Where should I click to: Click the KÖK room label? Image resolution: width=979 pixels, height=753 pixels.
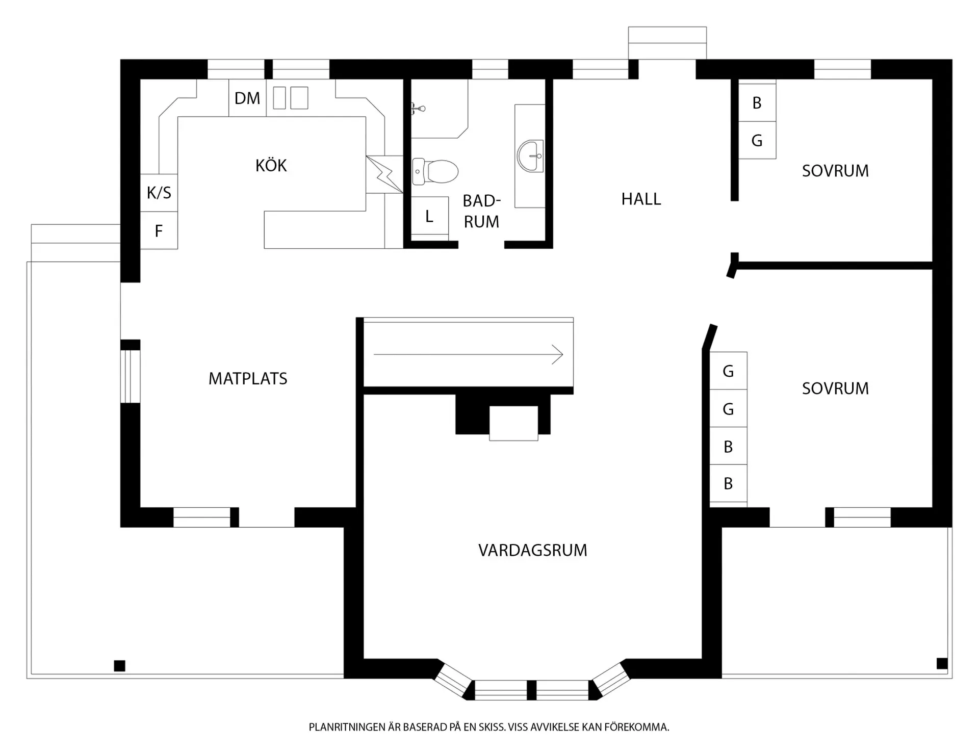coord(271,165)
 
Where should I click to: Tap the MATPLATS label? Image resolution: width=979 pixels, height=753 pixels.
coord(248,378)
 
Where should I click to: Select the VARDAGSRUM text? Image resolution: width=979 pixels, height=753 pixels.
coord(533,550)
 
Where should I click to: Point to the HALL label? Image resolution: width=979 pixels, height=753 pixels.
coord(641,199)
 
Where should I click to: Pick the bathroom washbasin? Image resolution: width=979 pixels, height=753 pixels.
coord(530,156)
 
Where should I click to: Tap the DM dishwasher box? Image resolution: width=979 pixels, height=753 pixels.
coord(247,98)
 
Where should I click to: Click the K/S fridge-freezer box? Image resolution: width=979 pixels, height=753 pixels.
coord(159,193)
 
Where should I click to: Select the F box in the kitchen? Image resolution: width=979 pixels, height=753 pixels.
coord(159,230)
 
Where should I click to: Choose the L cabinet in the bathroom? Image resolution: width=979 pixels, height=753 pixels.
coord(430,217)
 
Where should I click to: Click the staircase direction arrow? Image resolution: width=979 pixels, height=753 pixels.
coord(468,354)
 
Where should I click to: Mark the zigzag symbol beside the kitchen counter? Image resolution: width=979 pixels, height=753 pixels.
coord(384,174)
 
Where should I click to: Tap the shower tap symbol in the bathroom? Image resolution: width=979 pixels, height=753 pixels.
coord(418,108)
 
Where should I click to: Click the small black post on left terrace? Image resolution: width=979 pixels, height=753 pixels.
coord(119,666)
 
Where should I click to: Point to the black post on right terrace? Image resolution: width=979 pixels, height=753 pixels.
coord(942,663)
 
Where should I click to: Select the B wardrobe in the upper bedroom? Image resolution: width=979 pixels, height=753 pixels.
coord(757,102)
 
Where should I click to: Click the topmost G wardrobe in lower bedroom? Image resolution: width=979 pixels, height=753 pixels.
coord(728,371)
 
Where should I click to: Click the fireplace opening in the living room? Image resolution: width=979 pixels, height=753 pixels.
coord(513,423)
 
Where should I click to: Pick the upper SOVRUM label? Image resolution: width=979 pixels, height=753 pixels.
coord(835,171)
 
